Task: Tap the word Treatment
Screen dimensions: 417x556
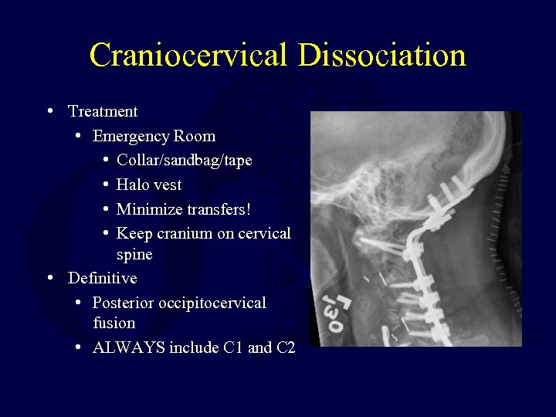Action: pyautogui.click(x=103, y=111)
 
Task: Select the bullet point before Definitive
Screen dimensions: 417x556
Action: pyautogui.click(x=49, y=277)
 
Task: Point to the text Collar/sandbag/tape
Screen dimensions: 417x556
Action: pyautogui.click(x=184, y=161)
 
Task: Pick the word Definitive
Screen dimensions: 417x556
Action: pyautogui.click(x=103, y=278)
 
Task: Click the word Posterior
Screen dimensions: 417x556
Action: pyautogui.click(x=123, y=303)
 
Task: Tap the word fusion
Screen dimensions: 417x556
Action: pyautogui.click(x=114, y=323)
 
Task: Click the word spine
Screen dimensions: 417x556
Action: pyautogui.click(x=134, y=254)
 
